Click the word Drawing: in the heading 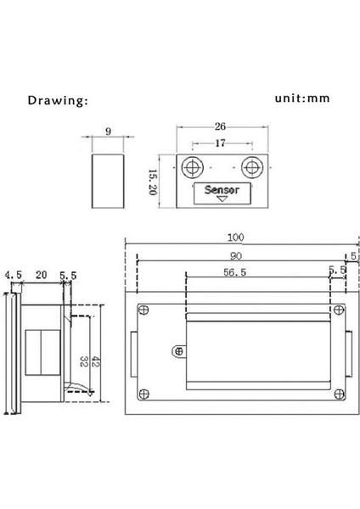58,100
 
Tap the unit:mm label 302,98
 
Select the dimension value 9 108,131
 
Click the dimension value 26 220,126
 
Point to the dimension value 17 220,143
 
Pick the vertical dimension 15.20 152,182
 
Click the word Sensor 222,189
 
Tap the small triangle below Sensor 222,199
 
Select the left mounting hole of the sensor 193,167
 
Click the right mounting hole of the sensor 252,167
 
